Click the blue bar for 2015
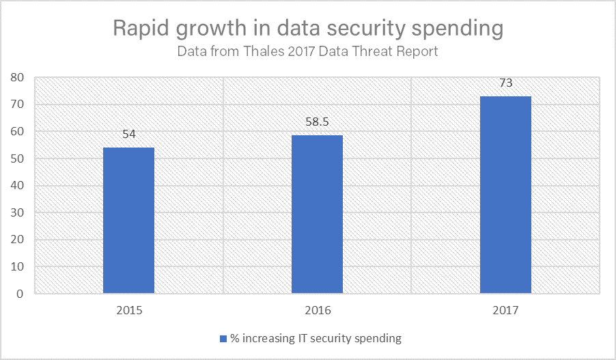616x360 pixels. point(128,221)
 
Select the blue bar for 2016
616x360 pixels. point(317,214)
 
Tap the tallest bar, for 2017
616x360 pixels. point(505,195)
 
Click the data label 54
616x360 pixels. point(129,135)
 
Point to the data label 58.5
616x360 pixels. point(317,122)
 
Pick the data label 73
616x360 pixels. point(505,83)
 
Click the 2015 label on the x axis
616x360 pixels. point(129,311)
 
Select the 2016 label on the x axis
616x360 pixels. point(317,311)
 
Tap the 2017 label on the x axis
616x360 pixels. point(505,311)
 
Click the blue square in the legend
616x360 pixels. point(223,338)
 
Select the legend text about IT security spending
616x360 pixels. point(316,338)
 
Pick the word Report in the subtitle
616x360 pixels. point(417,51)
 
